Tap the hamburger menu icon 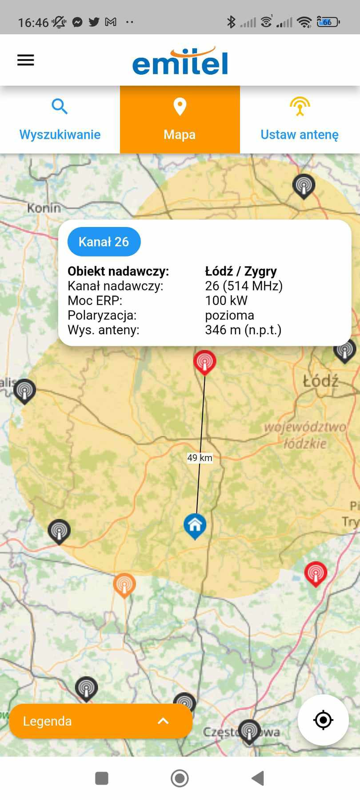pos(26,60)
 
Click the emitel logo pos(180,61)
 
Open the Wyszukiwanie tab pos(60,120)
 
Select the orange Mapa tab pos(180,120)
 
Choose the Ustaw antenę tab pos(300,120)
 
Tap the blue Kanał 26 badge pos(104,242)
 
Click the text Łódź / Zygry pos(241,271)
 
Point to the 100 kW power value pos(226,300)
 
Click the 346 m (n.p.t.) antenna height pos(243,330)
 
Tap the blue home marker pos(195,525)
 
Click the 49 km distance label pos(200,458)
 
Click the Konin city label pos(44,208)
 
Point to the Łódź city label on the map pos(320,381)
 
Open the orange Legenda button pos(101,721)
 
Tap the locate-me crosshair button pos(323,720)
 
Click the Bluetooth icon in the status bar pos(231,22)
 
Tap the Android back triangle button pos(258,778)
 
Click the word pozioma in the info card pos(229,315)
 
